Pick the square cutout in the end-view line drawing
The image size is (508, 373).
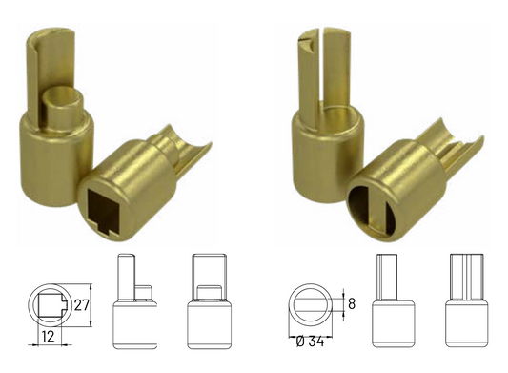pos(47,305)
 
